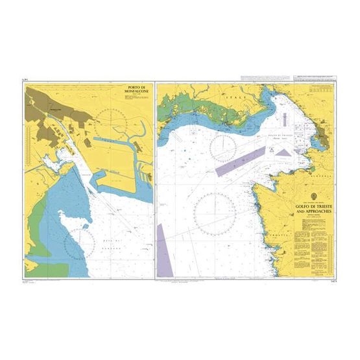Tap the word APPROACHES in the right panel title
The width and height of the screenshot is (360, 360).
(x=313, y=212)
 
